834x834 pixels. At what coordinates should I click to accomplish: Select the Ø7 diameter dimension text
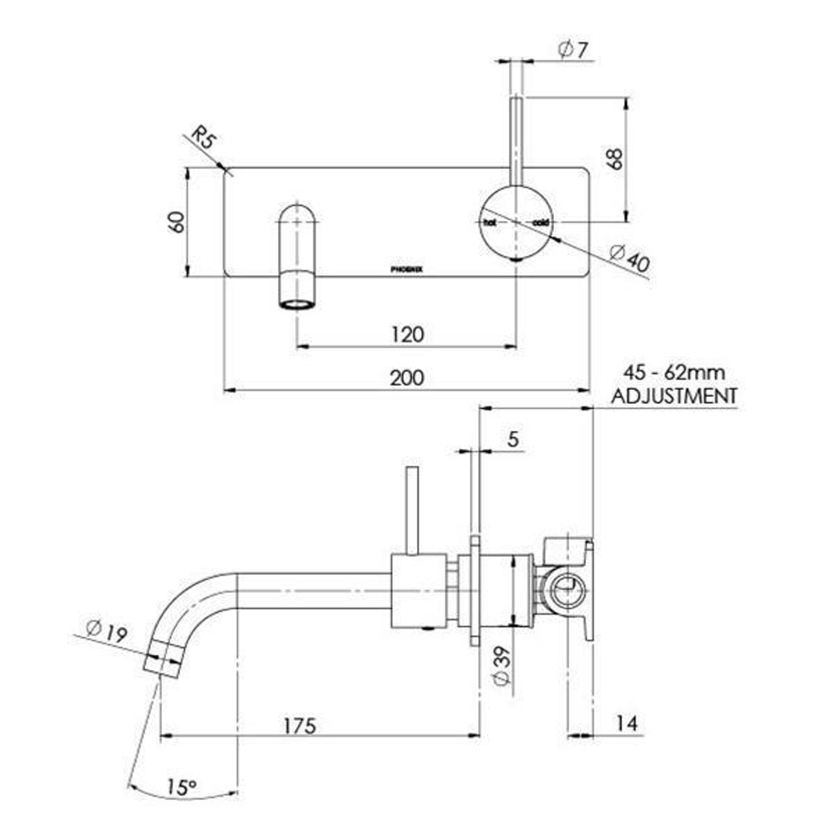pos(573,50)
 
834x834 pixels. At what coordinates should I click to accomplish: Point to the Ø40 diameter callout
pos(630,259)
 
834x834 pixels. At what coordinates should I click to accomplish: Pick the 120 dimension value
pos(406,334)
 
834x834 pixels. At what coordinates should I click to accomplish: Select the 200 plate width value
pos(406,378)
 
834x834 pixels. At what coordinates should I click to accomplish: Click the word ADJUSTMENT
pos(674,396)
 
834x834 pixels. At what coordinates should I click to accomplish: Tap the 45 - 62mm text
pos(674,373)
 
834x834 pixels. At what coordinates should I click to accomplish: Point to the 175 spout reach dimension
pos(299,724)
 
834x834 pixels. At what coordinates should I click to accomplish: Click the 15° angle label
pos(182,787)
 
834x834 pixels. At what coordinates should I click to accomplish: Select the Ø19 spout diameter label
pos(107,631)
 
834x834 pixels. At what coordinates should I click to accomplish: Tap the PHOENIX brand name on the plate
pos(406,268)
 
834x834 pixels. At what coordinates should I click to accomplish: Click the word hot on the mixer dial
pos(489,222)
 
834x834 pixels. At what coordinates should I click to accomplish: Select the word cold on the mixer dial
pos(541,222)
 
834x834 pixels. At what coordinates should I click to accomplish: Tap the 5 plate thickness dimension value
pos(512,439)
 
